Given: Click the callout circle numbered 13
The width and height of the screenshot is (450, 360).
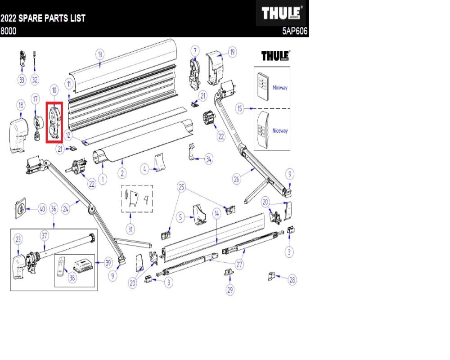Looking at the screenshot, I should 100,54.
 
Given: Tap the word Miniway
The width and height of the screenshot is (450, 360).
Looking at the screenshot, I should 280,88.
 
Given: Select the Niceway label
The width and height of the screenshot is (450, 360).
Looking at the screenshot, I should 280,131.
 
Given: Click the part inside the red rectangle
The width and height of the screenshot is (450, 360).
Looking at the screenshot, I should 54,122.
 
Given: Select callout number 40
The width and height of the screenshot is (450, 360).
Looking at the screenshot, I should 42,209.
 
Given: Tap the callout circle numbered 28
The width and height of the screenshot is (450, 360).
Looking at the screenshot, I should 292,280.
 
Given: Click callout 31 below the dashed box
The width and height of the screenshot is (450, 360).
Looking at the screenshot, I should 130,229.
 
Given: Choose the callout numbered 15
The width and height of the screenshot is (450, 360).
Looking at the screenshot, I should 240,109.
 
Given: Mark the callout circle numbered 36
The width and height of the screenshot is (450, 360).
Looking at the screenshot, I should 54,209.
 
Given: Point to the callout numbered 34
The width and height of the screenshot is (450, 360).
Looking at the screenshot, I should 208,158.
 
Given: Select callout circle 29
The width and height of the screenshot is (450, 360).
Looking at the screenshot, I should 230,290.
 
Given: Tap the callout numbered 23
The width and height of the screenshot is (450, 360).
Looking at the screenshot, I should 18,239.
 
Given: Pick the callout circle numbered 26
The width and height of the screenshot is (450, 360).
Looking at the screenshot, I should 237,179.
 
